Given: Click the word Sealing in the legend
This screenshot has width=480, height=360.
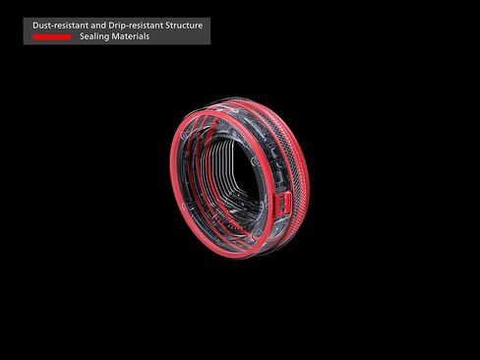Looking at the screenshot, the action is click(94, 36).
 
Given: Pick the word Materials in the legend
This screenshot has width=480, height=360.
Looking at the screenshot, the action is click(130, 36).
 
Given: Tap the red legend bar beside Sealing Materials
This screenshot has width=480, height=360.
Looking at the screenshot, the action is click(51, 37).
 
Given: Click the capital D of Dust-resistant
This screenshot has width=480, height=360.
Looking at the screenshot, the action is click(35, 26).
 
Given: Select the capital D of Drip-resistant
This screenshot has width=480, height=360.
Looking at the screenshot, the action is click(111, 26).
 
